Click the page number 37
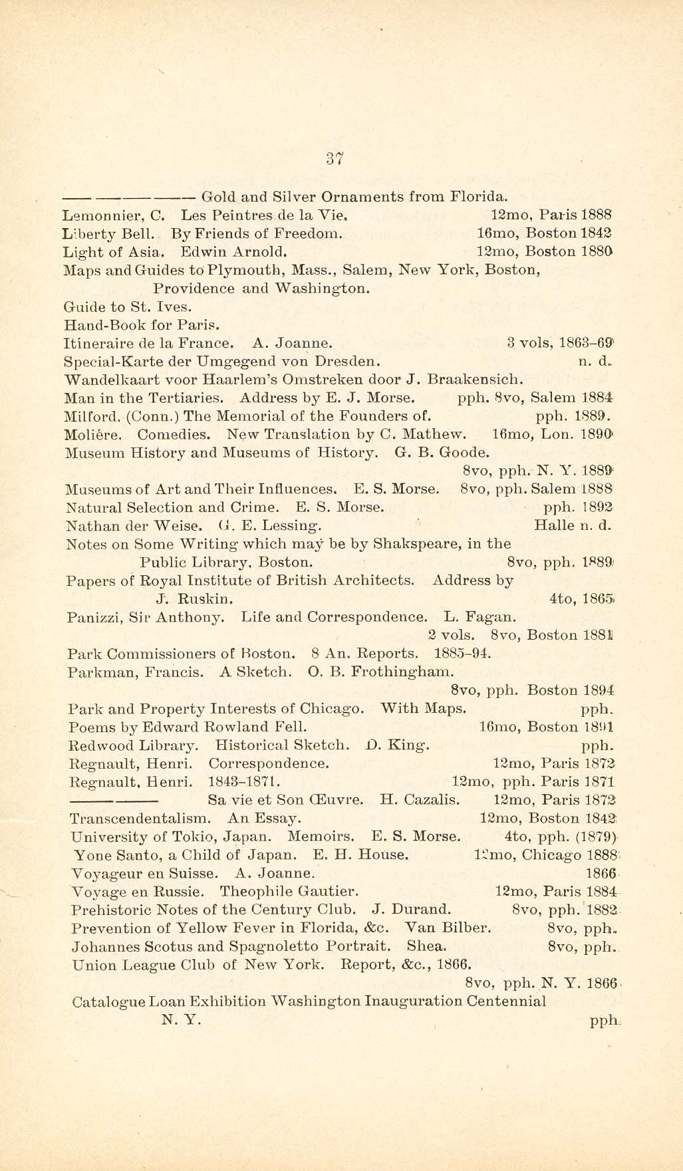click(x=334, y=158)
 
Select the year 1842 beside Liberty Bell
click(x=596, y=233)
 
